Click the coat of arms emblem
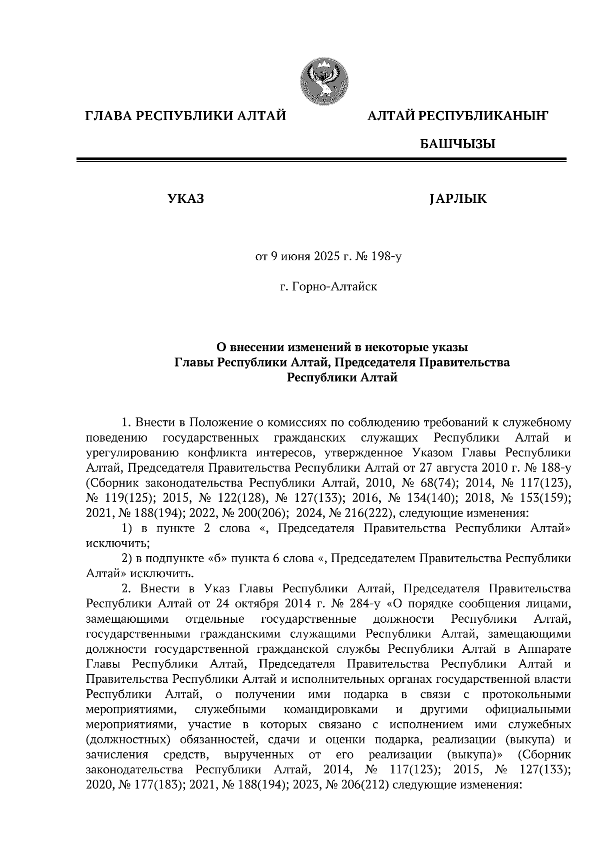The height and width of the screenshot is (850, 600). tap(324, 81)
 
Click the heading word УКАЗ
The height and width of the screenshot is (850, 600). tap(185, 199)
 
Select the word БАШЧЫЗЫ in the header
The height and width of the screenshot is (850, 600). tap(457, 145)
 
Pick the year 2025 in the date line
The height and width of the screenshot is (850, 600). tap(327, 257)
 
